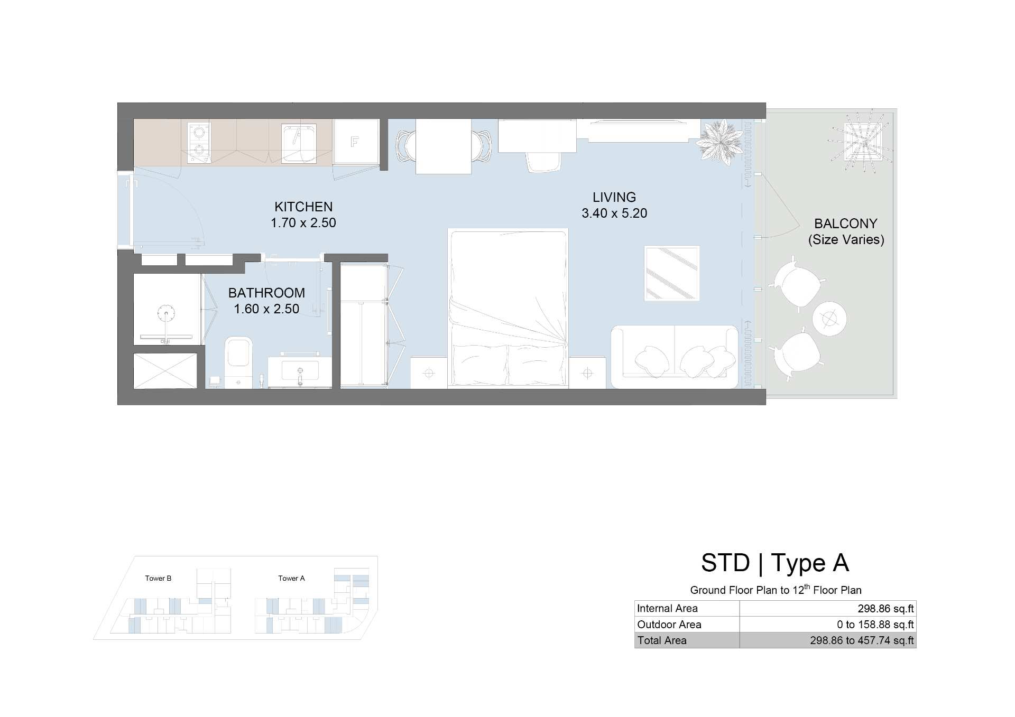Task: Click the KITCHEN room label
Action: pyautogui.click(x=303, y=207)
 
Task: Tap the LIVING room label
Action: pyautogui.click(x=614, y=197)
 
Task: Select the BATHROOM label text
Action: pyautogui.click(x=266, y=293)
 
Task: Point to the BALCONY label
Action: pyautogui.click(x=846, y=224)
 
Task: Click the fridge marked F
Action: pyautogui.click(x=356, y=142)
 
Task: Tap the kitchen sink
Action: pyautogui.click(x=299, y=143)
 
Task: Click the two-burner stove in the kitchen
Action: pyautogui.click(x=199, y=143)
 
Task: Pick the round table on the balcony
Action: pyautogui.click(x=829, y=319)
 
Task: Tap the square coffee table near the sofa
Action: pyautogui.click(x=672, y=273)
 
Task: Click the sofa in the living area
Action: pyautogui.click(x=675, y=357)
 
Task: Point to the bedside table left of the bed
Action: pyautogui.click(x=429, y=373)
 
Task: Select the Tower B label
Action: pyautogui.click(x=158, y=578)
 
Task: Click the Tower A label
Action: pyautogui.click(x=291, y=578)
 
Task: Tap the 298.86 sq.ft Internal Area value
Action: pyautogui.click(x=885, y=609)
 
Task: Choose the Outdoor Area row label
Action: pyautogui.click(x=669, y=625)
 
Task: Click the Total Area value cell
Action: pyautogui.click(x=828, y=640)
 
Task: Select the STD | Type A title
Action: pyautogui.click(x=775, y=563)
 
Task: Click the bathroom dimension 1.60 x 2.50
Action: pyautogui.click(x=266, y=309)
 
